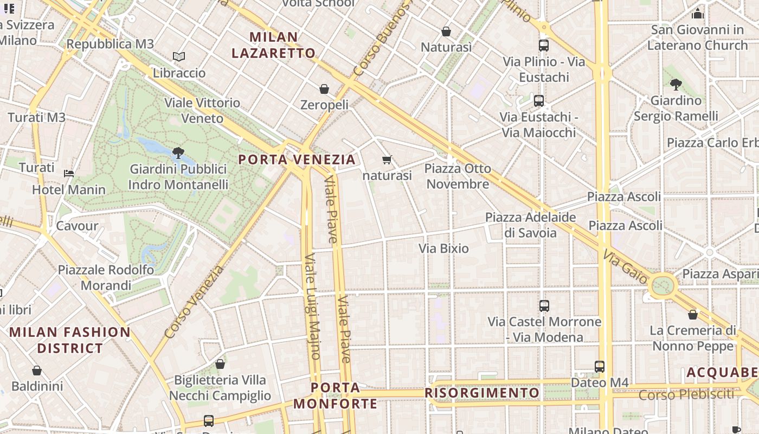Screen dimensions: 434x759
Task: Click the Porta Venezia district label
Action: point(297,159)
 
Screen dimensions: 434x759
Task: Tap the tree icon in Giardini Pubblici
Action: point(178,153)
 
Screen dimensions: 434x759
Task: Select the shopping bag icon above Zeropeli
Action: point(324,89)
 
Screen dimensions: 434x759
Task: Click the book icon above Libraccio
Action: point(179,56)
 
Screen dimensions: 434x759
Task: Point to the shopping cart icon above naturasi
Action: point(387,159)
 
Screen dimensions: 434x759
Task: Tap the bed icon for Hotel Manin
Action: point(69,174)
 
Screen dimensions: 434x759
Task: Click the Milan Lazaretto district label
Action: point(273,45)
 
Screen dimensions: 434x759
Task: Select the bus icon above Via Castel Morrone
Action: point(544,306)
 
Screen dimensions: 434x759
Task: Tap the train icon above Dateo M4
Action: point(599,367)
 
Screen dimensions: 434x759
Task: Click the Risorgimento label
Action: point(482,393)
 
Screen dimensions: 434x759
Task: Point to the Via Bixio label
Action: point(443,248)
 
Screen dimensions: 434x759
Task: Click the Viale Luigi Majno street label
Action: point(312,307)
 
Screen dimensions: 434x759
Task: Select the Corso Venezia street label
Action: point(194,302)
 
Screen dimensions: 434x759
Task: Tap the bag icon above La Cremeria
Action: point(692,315)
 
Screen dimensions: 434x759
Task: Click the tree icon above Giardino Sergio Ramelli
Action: point(676,85)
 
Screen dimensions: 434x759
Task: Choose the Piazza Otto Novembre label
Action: point(458,176)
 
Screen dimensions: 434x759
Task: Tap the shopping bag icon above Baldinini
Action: point(37,371)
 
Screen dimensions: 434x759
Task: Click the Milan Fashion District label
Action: point(70,340)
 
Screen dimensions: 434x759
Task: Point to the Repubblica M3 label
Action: point(110,44)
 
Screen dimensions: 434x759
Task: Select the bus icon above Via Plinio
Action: point(544,46)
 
